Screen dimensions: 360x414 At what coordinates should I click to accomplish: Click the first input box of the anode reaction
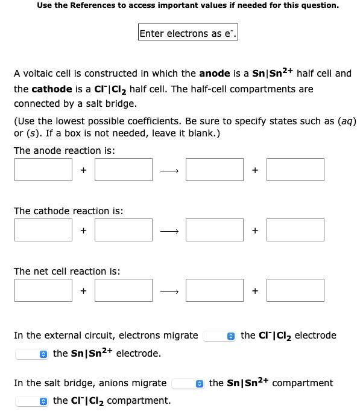point(43,170)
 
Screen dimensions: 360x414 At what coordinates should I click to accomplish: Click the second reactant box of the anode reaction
point(123,170)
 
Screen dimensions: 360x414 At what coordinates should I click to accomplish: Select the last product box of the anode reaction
point(295,170)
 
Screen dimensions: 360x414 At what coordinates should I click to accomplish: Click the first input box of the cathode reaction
point(43,230)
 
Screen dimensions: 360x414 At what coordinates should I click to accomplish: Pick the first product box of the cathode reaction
point(214,230)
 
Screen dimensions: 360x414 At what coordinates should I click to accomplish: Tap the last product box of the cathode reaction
point(295,230)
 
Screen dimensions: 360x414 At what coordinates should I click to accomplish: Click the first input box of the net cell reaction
point(43,290)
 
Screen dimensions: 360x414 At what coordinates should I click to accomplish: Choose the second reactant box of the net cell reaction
point(123,290)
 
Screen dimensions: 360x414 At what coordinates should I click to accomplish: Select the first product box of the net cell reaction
point(214,290)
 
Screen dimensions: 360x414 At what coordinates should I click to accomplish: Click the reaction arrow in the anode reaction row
point(169,171)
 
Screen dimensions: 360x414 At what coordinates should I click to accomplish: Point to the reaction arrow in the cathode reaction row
point(169,231)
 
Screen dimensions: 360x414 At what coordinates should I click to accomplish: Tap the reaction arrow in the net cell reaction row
point(169,291)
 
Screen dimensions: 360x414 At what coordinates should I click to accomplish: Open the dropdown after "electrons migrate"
point(219,336)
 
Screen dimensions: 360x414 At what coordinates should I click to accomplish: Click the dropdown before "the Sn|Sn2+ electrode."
point(31,354)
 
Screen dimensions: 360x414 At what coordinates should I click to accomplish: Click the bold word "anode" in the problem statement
point(215,74)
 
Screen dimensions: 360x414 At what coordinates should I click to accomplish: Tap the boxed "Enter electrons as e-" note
point(188,34)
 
